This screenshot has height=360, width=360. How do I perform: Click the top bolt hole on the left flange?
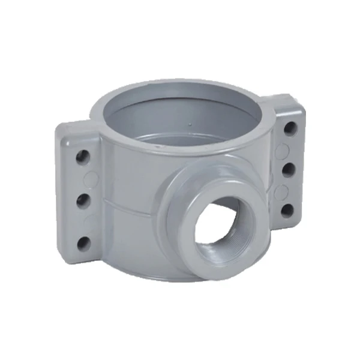tap(83, 157)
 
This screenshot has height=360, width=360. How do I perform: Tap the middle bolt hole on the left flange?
tap(83, 200)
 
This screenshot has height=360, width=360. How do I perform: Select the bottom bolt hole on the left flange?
tap(84, 242)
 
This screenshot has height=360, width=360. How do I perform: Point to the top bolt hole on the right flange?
tap(290, 128)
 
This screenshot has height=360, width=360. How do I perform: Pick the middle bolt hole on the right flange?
tap(289, 169)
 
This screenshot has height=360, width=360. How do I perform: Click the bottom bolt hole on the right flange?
tap(288, 211)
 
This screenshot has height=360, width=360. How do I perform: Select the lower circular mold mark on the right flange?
tap(279, 190)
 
